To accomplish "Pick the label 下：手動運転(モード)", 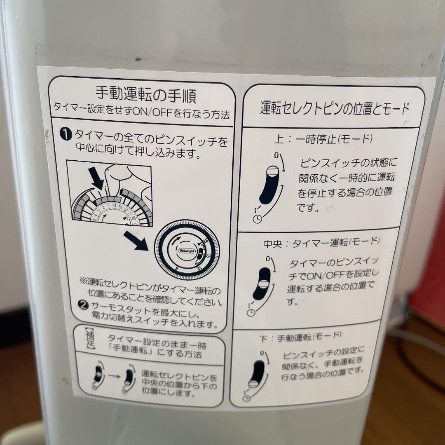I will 301,337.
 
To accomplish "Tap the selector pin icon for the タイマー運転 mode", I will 262,283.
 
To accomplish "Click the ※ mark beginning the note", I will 82,281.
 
